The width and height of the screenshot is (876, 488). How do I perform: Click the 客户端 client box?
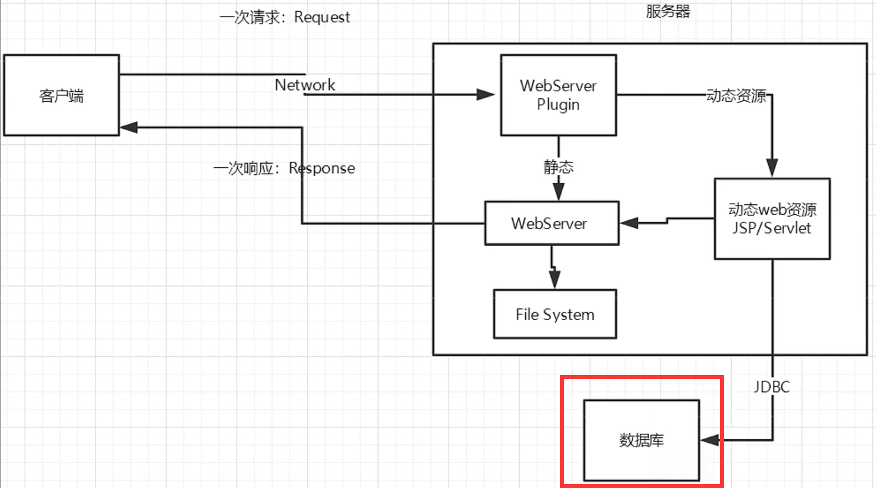point(61,95)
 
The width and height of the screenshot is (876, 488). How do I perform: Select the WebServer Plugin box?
point(558,95)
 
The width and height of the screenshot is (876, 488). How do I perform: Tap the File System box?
point(555,314)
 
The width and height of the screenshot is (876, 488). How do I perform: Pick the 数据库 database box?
point(641,440)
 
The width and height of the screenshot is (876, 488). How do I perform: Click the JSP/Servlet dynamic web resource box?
point(772,219)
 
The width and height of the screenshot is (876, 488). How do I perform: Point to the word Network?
point(305,85)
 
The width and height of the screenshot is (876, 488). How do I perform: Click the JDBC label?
point(771,387)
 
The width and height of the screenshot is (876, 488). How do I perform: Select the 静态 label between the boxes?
point(558,167)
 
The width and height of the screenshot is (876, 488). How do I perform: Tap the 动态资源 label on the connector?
point(736,96)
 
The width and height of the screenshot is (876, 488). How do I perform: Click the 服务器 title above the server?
point(668,11)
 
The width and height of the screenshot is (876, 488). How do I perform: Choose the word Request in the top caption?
point(322,18)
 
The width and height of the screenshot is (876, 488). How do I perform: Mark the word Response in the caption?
point(322,168)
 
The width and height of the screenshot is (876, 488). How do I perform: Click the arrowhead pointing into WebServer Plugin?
point(486,95)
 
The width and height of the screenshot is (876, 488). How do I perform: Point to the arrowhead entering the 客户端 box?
point(129,128)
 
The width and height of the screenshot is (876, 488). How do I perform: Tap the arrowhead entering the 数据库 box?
point(710,440)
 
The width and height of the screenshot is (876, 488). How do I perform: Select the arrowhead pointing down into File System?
point(555,280)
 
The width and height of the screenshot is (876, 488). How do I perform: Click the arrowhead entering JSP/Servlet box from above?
point(772,168)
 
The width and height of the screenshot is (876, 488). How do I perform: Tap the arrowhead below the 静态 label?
point(559,191)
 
